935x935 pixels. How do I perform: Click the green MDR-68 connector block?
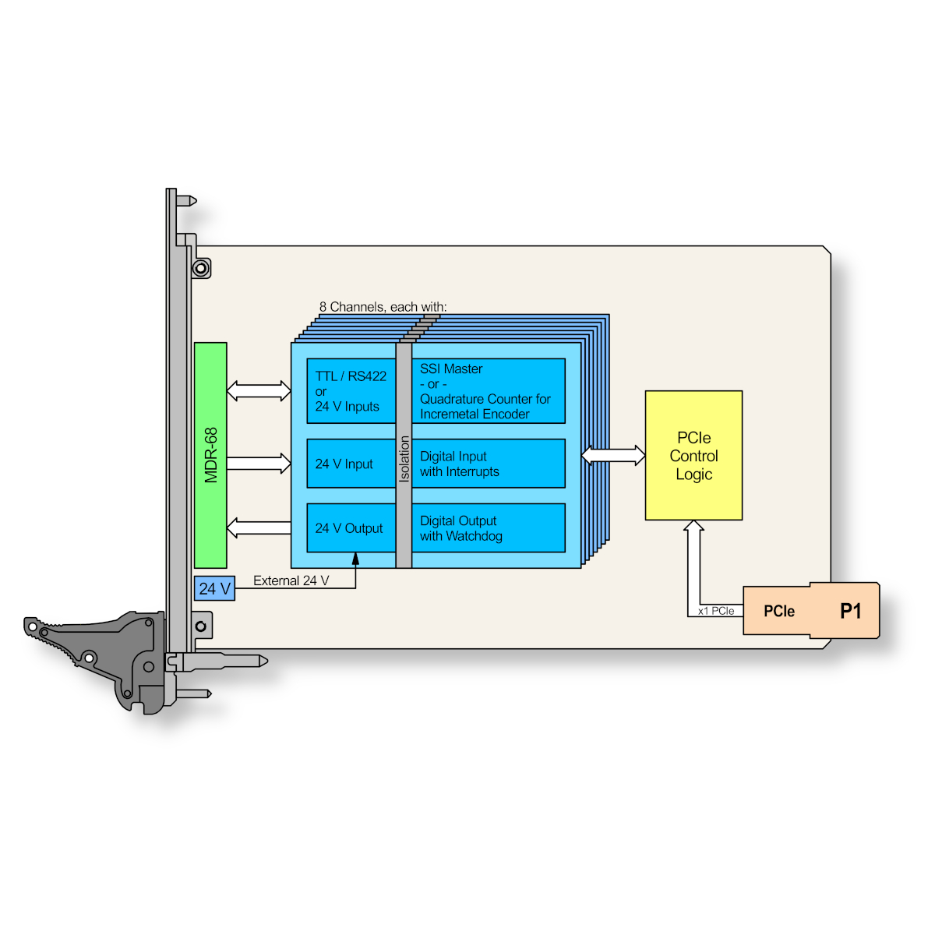tap(210, 455)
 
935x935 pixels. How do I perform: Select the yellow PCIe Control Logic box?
tap(693, 455)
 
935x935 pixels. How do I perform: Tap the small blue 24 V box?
tap(214, 588)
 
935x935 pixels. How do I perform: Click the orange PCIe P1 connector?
tap(810, 610)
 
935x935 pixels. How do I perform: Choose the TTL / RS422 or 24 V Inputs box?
tap(351, 391)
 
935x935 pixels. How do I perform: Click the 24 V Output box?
tap(351, 528)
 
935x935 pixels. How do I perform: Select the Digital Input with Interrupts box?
tap(488, 464)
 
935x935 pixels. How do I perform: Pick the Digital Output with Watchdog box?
tap(488, 528)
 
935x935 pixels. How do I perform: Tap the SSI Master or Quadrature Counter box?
tap(488, 391)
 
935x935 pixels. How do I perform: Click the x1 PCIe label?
tap(716, 611)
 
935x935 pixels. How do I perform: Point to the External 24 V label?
tap(291, 580)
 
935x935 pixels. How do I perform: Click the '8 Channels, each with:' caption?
tap(383, 307)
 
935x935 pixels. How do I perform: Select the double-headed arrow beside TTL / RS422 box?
tap(259, 391)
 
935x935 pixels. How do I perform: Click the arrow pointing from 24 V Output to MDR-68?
tap(259, 528)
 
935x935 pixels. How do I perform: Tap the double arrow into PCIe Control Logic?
tap(613, 455)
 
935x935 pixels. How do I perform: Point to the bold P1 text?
tap(851, 611)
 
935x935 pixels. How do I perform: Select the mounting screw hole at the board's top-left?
tap(200, 269)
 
